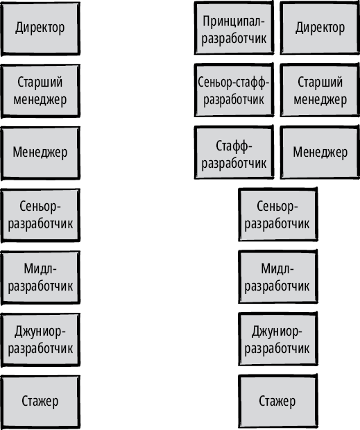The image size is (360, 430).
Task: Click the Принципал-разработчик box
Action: pyautogui.click(x=234, y=28)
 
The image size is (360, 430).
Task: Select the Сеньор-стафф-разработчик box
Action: pyautogui.click(x=234, y=90)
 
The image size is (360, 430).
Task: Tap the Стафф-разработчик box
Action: pyautogui.click(x=234, y=153)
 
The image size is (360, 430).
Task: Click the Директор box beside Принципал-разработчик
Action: pyautogui.click(x=320, y=28)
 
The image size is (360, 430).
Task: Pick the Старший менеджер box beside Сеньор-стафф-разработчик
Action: pyautogui.click(x=320, y=90)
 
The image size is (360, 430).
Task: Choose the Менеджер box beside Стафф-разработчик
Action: pyautogui.click(x=320, y=153)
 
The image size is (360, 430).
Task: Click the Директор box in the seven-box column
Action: pyautogui.click(x=40, y=28)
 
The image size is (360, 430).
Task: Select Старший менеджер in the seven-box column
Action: pyautogui.click(x=40, y=91)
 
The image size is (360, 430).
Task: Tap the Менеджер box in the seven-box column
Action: pyautogui.click(x=40, y=153)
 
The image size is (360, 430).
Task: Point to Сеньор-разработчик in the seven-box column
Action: pyautogui.click(x=40, y=215)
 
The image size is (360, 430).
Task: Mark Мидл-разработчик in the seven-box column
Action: pyautogui.click(x=40, y=277)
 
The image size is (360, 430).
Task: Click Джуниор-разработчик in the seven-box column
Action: pyautogui.click(x=40, y=340)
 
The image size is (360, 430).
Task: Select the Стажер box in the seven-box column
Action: pyautogui.click(x=40, y=402)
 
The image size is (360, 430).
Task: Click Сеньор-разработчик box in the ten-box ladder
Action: pyautogui.click(x=277, y=214)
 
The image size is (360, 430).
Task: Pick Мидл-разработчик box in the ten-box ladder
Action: pyautogui.click(x=277, y=277)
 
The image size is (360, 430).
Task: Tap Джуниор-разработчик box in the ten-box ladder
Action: pyautogui.click(x=277, y=339)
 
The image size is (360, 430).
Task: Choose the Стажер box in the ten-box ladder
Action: pyautogui.click(x=277, y=401)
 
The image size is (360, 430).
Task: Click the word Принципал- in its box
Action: pyautogui.click(x=234, y=21)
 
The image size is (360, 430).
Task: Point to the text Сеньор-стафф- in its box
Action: pyautogui.click(x=234, y=82)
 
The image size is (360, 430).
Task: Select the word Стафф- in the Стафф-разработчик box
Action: pyautogui.click(x=234, y=146)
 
